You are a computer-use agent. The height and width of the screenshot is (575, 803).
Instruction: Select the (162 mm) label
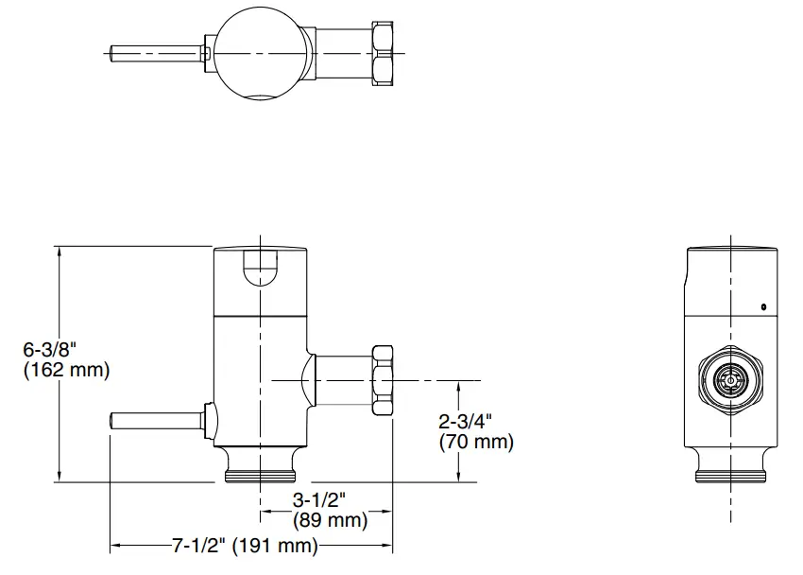65,370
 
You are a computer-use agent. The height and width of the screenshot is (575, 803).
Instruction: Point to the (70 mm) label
476,442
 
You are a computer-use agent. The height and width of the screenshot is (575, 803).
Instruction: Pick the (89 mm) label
329,520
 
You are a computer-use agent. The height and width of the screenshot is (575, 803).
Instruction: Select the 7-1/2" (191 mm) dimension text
245,546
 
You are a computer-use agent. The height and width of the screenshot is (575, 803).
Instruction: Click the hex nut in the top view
386,54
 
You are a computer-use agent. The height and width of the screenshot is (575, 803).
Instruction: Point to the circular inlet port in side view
730,381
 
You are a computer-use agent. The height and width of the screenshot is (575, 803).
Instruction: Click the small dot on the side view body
762,305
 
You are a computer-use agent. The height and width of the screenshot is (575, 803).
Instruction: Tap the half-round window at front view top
260,267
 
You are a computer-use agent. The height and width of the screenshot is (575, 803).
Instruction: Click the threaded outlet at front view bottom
261,467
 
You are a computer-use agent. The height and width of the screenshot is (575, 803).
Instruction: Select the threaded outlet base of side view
730,467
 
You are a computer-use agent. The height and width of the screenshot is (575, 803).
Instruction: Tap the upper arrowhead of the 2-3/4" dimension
460,385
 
